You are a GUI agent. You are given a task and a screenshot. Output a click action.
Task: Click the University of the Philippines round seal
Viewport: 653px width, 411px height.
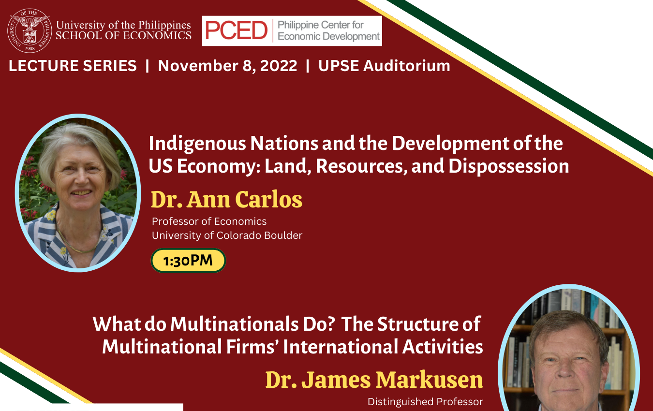tap(30, 30)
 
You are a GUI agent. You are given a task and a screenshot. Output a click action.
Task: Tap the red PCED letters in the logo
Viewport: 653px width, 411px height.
tap(236, 30)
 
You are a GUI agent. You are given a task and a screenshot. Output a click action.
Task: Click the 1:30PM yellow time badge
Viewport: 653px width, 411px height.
tap(188, 261)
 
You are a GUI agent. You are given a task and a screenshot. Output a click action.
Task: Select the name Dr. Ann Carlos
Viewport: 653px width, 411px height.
tap(226, 199)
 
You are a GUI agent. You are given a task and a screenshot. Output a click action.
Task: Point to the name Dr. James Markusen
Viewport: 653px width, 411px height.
tap(374, 380)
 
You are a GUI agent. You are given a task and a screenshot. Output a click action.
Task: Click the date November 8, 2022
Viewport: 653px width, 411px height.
tap(227, 66)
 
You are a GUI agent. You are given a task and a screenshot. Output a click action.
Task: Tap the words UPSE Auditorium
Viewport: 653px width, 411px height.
tap(384, 66)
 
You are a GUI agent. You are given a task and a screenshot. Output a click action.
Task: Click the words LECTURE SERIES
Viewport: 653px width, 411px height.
tap(73, 66)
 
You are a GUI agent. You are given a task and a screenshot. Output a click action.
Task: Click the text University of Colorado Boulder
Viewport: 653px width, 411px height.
tap(227, 235)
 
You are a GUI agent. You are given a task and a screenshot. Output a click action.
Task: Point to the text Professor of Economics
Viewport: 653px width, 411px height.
tap(209, 221)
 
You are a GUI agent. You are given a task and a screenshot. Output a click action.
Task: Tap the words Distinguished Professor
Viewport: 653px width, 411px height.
tap(425, 402)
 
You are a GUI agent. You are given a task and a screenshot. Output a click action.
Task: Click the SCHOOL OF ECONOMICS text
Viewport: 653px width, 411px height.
tap(124, 35)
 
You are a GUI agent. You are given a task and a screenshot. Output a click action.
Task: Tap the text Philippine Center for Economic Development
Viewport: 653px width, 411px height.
tap(328, 30)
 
